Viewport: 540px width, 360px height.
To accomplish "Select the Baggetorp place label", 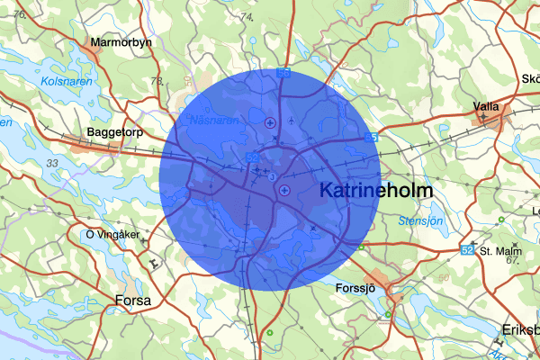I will (x=112, y=132).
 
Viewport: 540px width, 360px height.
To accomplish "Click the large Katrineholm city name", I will (x=376, y=191).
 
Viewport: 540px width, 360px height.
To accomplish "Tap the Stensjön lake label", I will (x=421, y=220).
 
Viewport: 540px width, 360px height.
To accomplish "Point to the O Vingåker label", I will (x=112, y=235).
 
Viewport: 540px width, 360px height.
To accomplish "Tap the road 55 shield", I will (x=372, y=138).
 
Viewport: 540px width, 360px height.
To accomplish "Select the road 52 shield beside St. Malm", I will (x=467, y=248).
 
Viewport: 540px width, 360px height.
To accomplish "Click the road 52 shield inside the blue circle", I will (x=253, y=157).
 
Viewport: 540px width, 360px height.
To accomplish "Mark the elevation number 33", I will (x=51, y=163).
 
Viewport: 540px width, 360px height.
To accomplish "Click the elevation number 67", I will (x=513, y=260).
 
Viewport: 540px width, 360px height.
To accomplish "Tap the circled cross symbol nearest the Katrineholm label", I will (x=284, y=189).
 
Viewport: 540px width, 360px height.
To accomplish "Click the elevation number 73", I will (x=158, y=82).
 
